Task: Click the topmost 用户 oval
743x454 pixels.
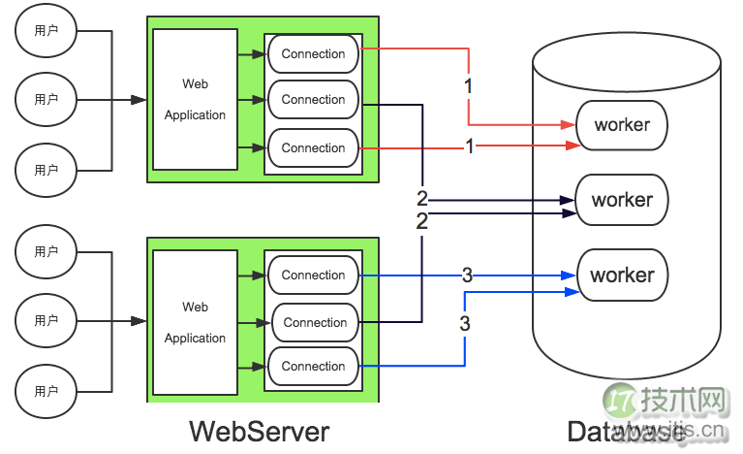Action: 46,31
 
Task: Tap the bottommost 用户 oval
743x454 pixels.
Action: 46,391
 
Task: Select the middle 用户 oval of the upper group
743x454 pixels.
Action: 46,99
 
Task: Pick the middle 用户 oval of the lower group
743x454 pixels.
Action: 46,320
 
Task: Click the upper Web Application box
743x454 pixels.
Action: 195,99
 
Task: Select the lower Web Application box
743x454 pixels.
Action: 195,322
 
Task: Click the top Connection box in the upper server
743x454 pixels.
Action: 313,54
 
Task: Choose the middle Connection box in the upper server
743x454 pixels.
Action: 313,100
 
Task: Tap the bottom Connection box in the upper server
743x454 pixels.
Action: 313,148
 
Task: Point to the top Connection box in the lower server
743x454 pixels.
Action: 313,276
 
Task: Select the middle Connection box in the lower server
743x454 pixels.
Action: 314,322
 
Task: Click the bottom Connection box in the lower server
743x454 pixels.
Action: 313,367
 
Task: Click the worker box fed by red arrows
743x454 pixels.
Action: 622,124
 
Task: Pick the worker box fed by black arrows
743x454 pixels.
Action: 622,200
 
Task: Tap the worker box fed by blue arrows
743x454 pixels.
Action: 622,275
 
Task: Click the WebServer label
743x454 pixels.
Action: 259,430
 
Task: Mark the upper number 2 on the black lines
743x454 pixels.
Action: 422,198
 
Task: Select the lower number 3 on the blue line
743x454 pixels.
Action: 465,323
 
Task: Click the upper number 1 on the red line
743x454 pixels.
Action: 469,85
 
